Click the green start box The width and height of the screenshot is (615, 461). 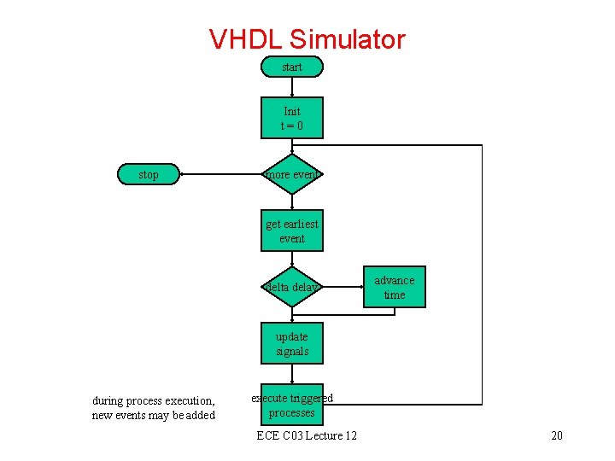point(292,67)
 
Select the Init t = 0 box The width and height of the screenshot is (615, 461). point(292,118)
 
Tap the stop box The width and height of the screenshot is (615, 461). point(149,174)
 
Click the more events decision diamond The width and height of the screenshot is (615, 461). point(292,174)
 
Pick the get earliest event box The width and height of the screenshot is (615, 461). point(292,230)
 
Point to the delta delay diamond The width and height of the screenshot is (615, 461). point(292,287)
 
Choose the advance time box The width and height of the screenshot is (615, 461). point(394,287)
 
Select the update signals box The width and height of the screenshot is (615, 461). point(292,343)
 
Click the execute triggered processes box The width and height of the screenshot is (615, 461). point(292,405)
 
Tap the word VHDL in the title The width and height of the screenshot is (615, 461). point(247,39)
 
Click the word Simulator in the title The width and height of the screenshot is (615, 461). point(348,39)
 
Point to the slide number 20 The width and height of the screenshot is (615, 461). point(557,436)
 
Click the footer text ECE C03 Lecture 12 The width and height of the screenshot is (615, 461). point(307,436)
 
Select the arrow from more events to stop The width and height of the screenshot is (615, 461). point(220,174)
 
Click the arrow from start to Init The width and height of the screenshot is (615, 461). point(292,86)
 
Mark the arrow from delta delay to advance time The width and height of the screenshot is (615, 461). point(341,287)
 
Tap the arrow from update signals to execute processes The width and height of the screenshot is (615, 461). point(292,374)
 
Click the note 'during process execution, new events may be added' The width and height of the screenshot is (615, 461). point(154,407)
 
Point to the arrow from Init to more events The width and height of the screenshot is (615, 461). point(292,146)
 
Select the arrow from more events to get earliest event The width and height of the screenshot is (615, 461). point(292,201)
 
